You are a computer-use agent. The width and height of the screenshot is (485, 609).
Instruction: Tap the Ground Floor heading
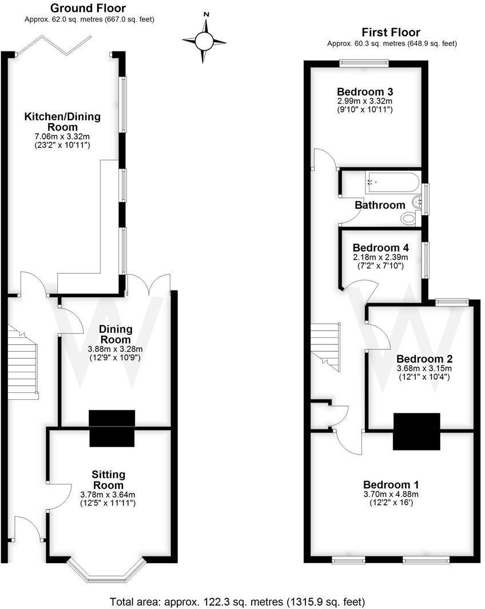[x=88, y=8]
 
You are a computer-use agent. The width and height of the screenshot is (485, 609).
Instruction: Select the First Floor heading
[x=392, y=33]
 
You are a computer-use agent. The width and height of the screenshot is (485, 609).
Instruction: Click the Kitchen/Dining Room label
[x=62, y=121]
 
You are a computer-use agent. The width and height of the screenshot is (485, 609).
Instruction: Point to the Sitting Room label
[x=109, y=480]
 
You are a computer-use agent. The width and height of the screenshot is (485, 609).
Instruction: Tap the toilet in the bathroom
[x=409, y=218]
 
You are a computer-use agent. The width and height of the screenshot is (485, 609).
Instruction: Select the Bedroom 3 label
[x=364, y=91]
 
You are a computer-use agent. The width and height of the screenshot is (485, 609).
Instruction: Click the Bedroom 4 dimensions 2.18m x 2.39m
[x=381, y=257]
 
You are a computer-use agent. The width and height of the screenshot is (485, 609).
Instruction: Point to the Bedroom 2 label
[x=424, y=359]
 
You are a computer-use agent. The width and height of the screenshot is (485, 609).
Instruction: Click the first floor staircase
[x=325, y=343]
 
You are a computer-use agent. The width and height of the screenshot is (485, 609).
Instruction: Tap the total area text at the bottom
[x=237, y=602]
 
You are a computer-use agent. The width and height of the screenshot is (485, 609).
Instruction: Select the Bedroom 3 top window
[x=364, y=63]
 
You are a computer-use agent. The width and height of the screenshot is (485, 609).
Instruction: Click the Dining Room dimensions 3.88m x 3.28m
[x=116, y=349]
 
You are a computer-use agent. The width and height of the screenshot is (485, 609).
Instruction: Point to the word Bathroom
[x=380, y=205]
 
